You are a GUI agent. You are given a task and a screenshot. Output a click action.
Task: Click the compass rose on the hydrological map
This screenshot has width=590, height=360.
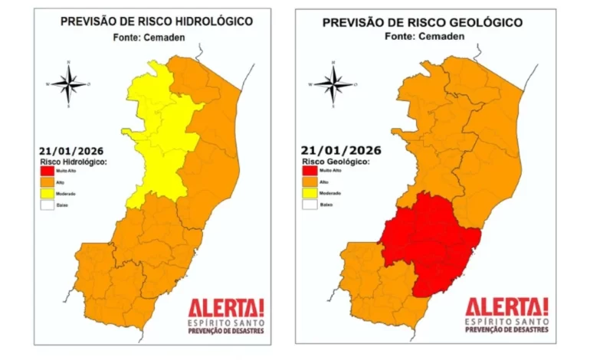click(x=69, y=83)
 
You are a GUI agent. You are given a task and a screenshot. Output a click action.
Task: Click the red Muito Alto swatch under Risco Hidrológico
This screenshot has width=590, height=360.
click(x=46, y=171)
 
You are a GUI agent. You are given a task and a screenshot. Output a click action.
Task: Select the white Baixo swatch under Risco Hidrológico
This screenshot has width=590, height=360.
click(x=46, y=206)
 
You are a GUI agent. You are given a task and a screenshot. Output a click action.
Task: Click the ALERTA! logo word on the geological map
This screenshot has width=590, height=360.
click(x=506, y=307)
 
